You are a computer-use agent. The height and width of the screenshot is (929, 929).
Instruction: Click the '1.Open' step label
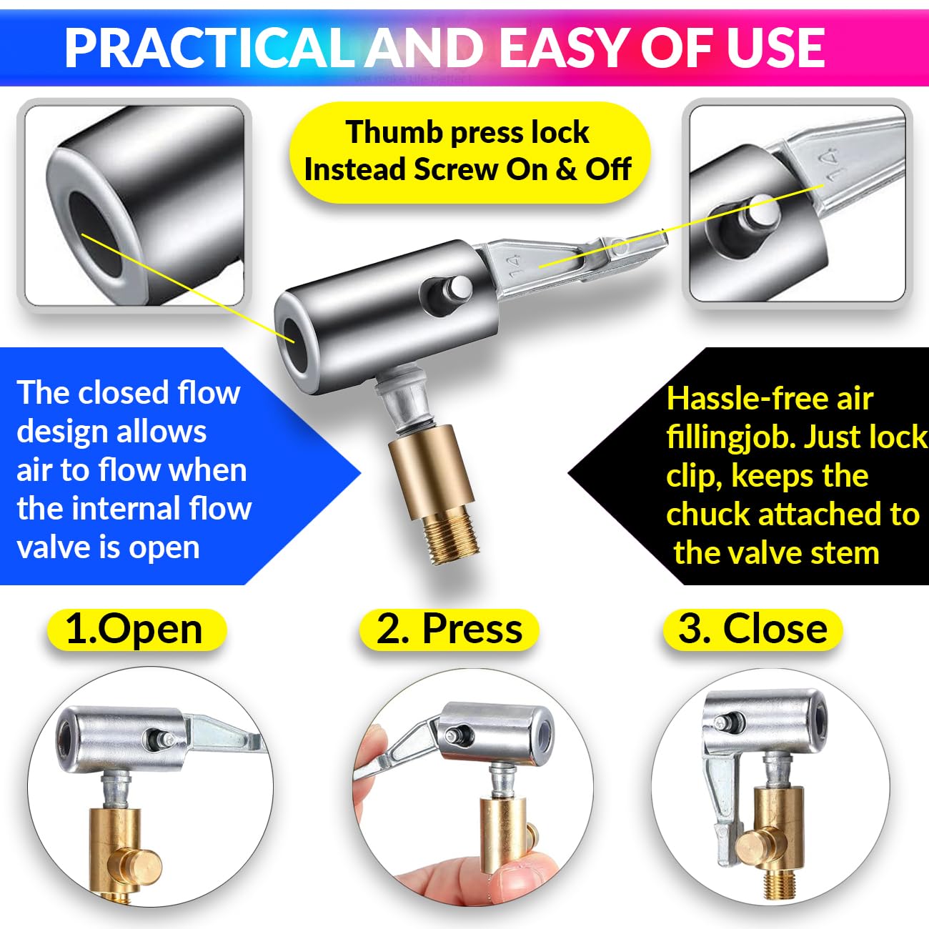coord(134,630)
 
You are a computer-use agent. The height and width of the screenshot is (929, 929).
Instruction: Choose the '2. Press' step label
coord(449,630)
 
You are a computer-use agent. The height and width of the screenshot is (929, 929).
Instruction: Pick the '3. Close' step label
coord(752,630)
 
